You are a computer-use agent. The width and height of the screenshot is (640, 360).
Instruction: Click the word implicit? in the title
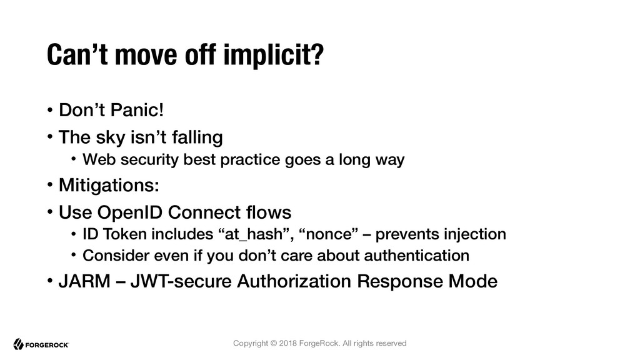[274, 55]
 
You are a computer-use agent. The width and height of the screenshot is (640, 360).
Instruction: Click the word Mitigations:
[109, 185]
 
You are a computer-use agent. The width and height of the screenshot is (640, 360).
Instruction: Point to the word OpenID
[130, 212]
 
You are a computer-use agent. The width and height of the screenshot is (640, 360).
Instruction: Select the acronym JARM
[84, 281]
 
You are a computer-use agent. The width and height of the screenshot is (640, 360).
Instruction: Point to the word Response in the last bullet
[400, 282]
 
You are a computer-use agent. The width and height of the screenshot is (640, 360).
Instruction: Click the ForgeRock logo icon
[18, 344]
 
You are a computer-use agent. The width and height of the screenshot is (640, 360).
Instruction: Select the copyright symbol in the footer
[274, 343]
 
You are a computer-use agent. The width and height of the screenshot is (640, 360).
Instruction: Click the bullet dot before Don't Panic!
[50, 110]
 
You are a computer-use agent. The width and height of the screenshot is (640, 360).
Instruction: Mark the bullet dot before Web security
[74, 159]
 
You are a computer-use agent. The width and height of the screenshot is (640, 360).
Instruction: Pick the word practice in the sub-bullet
[250, 159]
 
